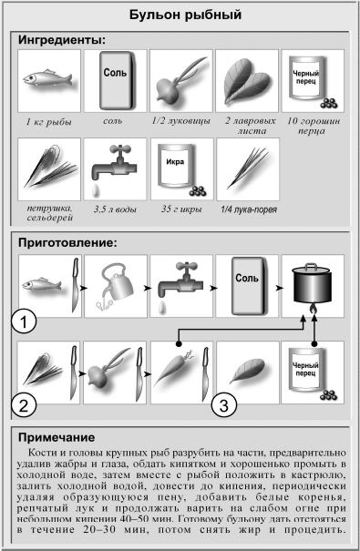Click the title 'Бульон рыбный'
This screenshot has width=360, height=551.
[x=185, y=15]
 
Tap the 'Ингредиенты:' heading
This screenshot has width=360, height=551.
[x=62, y=40]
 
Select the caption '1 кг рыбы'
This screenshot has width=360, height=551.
[x=49, y=122]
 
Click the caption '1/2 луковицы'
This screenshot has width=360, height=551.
[x=180, y=121]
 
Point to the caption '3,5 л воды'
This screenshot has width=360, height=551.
[x=115, y=209]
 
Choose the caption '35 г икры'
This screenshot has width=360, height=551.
[x=181, y=209]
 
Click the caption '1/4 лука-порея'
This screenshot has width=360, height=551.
[x=249, y=209]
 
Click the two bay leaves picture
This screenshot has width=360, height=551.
[x=247, y=81]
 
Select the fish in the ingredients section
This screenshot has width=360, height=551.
[x=47, y=78]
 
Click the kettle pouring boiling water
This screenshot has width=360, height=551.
[x=114, y=285]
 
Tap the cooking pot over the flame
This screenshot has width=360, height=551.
[x=313, y=285]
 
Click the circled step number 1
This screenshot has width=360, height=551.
[x=24, y=321]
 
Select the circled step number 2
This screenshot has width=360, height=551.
[x=23, y=405]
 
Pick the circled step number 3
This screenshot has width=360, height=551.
[x=224, y=405]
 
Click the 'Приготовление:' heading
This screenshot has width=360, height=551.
[x=67, y=243]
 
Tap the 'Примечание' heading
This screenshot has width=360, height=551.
[x=57, y=437]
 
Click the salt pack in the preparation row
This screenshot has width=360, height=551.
[x=248, y=286]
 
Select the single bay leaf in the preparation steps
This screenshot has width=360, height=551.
[x=248, y=371]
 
